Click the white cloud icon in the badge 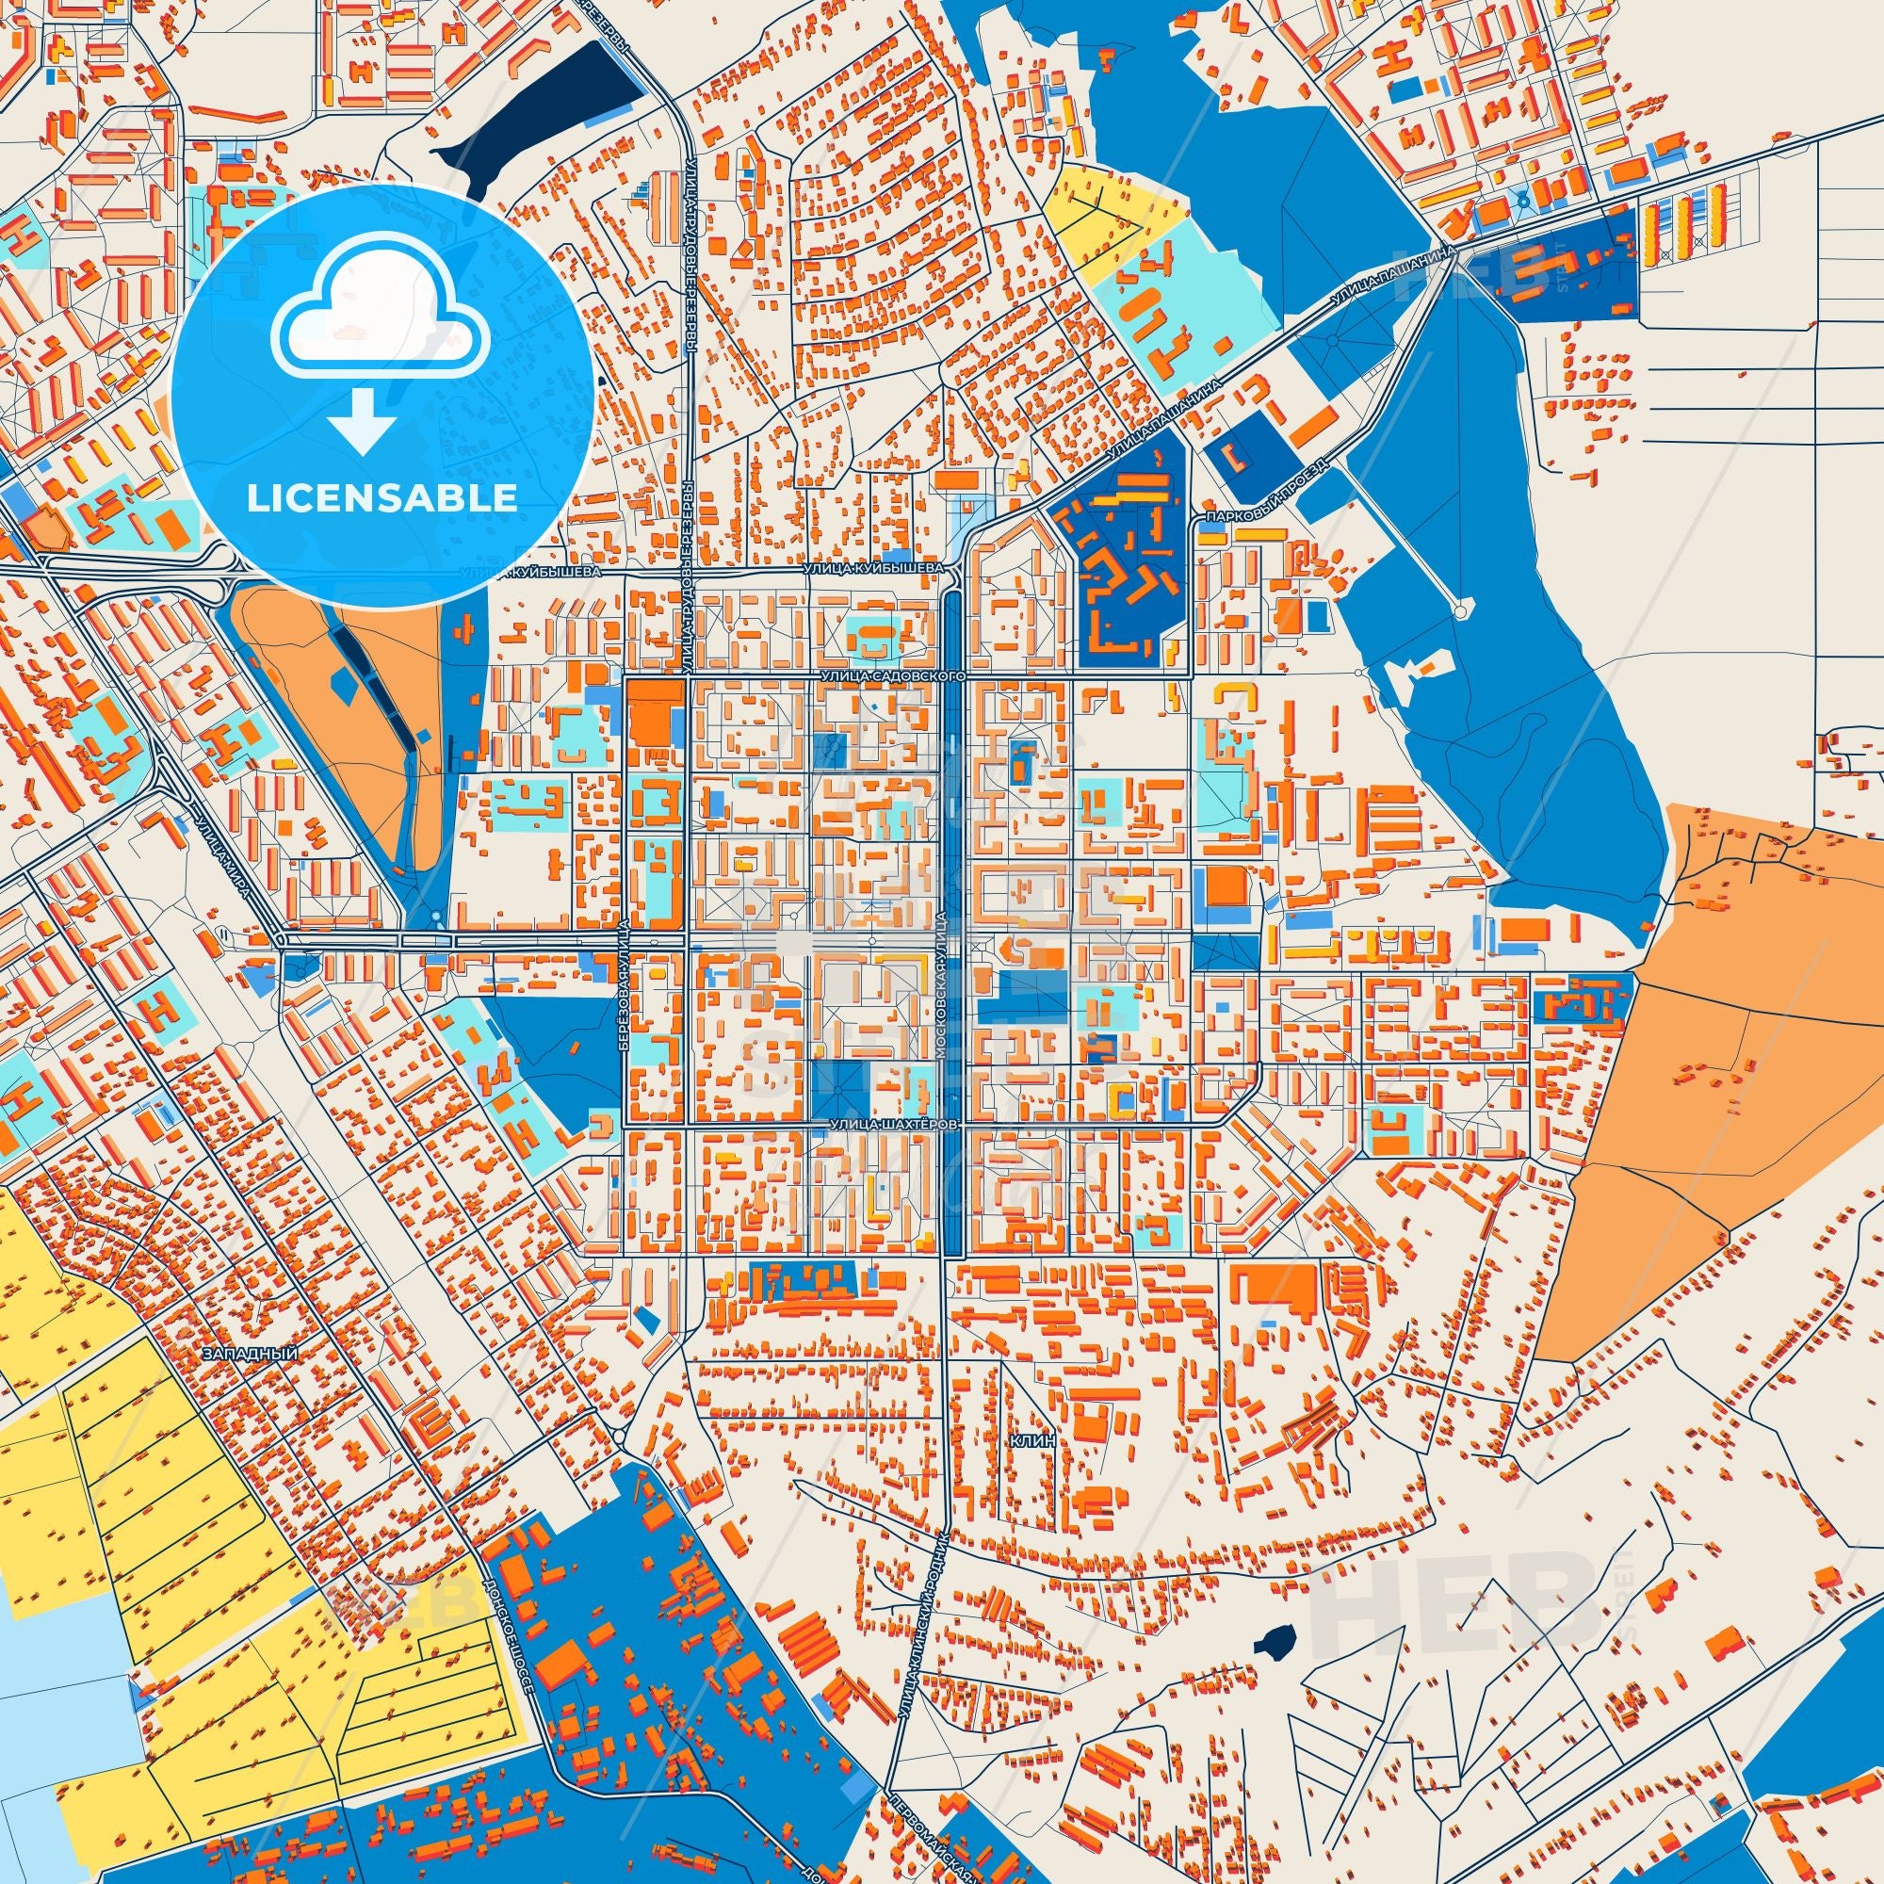[x=381, y=324]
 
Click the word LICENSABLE [x=381, y=498]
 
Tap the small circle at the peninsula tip [x=1460, y=611]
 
